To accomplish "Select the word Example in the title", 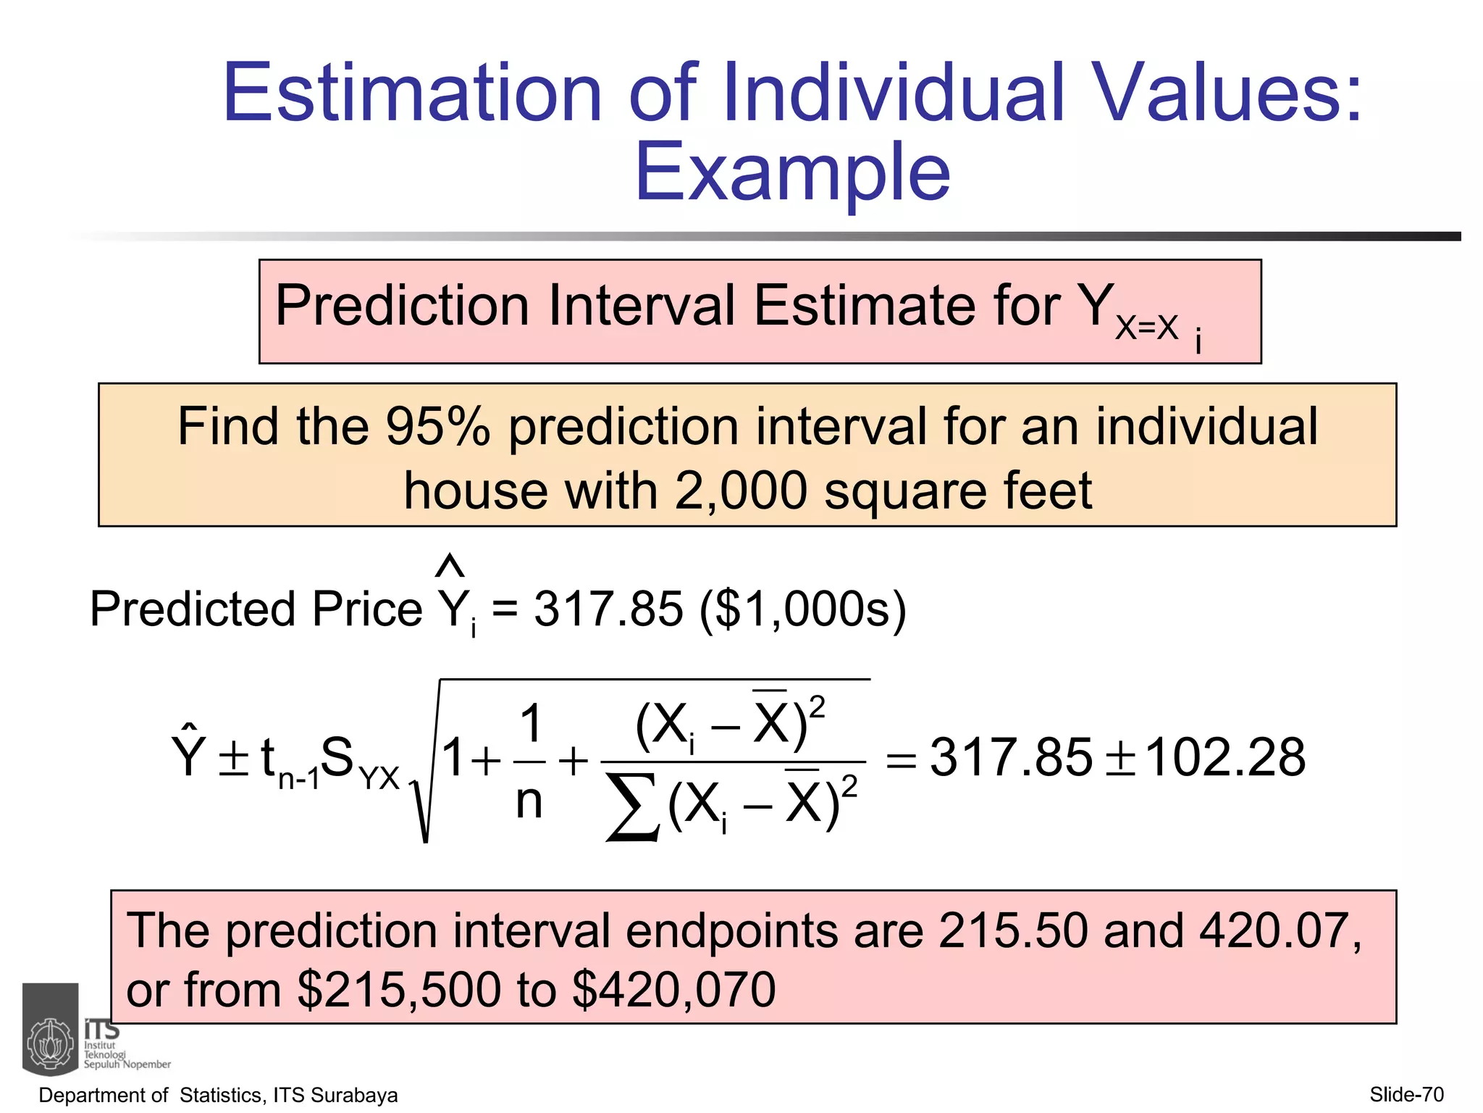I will (x=792, y=172).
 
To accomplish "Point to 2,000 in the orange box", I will (x=740, y=491).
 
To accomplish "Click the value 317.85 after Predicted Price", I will (x=608, y=609).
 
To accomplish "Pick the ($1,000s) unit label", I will (x=802, y=609).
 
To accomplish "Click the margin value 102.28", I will (x=1225, y=758).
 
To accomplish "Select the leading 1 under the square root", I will (x=454, y=757).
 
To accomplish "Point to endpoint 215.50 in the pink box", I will (x=1013, y=930).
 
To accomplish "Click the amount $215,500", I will (x=399, y=990).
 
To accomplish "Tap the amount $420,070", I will (x=673, y=990).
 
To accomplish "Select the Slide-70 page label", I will (x=1406, y=1094).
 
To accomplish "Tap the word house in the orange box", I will (x=475, y=491).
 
